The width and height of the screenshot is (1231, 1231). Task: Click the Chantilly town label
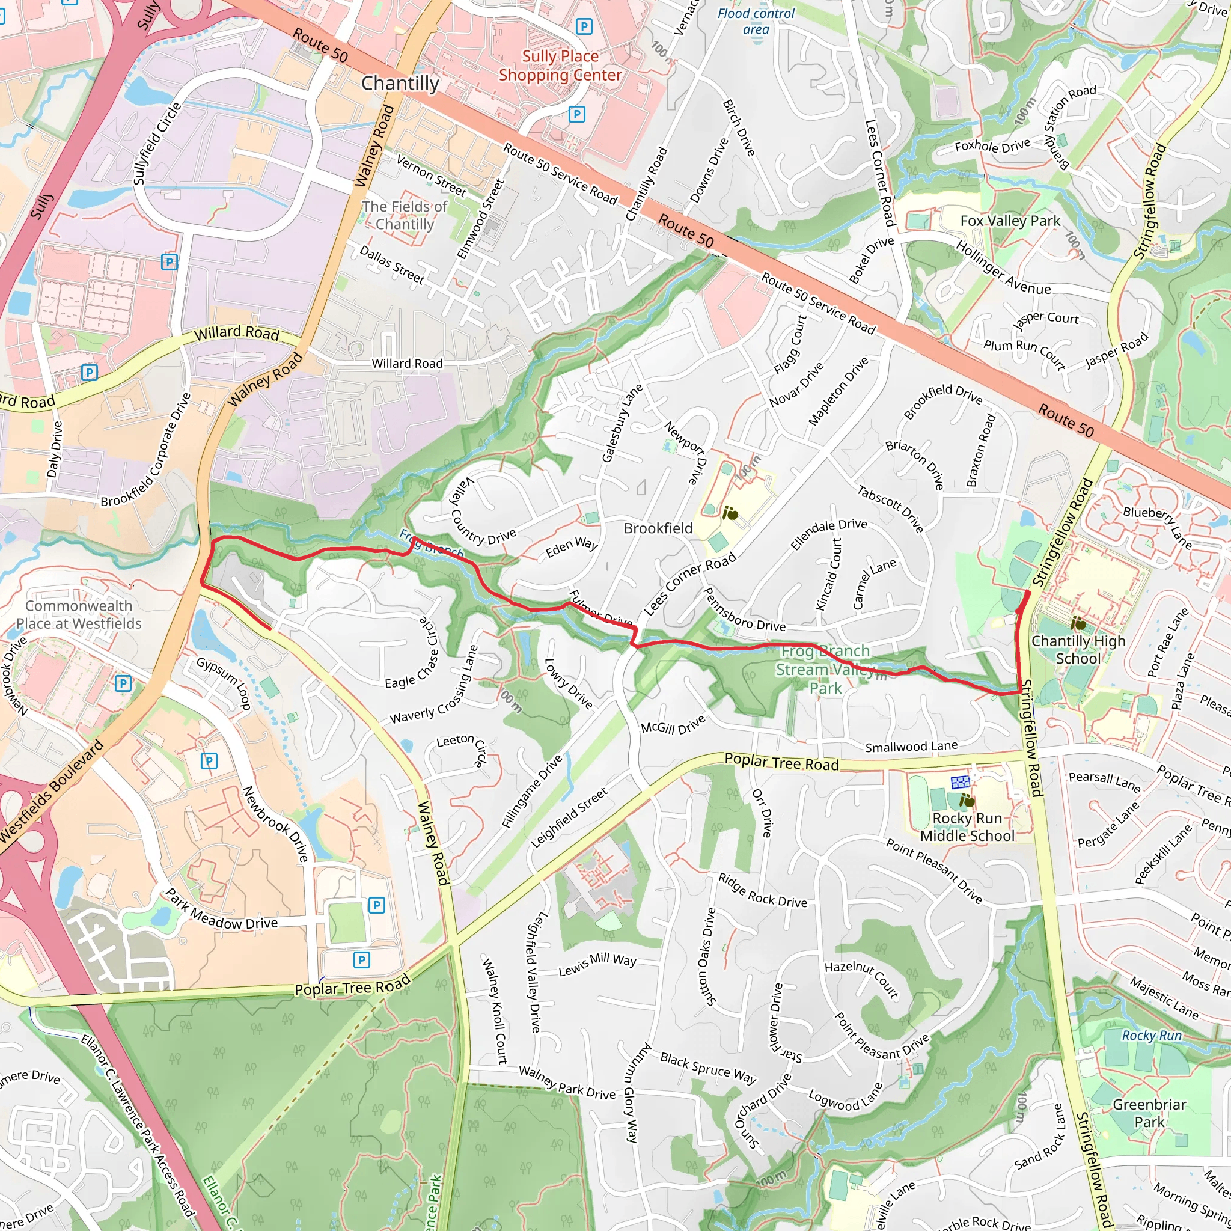click(400, 84)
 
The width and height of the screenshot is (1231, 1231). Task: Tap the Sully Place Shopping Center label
click(560, 66)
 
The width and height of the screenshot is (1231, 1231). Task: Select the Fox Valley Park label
click(1010, 221)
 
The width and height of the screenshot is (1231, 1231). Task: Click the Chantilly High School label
click(1078, 649)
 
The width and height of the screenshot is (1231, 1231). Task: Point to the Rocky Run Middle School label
click(967, 827)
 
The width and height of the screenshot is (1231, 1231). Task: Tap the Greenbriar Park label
click(1149, 1113)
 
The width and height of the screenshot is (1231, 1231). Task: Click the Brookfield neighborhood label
click(658, 528)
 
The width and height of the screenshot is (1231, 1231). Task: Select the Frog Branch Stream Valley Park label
click(825, 669)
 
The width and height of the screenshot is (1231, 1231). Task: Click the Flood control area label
click(756, 21)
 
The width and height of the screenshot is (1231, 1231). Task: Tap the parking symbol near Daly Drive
click(89, 372)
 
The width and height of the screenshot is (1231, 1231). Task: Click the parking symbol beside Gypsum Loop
click(123, 683)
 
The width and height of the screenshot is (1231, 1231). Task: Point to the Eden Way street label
click(572, 547)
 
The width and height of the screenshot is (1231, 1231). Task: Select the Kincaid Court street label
click(828, 573)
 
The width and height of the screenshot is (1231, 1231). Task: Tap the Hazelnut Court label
click(861, 979)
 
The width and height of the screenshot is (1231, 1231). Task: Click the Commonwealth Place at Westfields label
click(78, 614)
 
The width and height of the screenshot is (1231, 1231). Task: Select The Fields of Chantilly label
click(405, 215)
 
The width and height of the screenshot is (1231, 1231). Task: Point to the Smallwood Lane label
click(911, 746)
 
